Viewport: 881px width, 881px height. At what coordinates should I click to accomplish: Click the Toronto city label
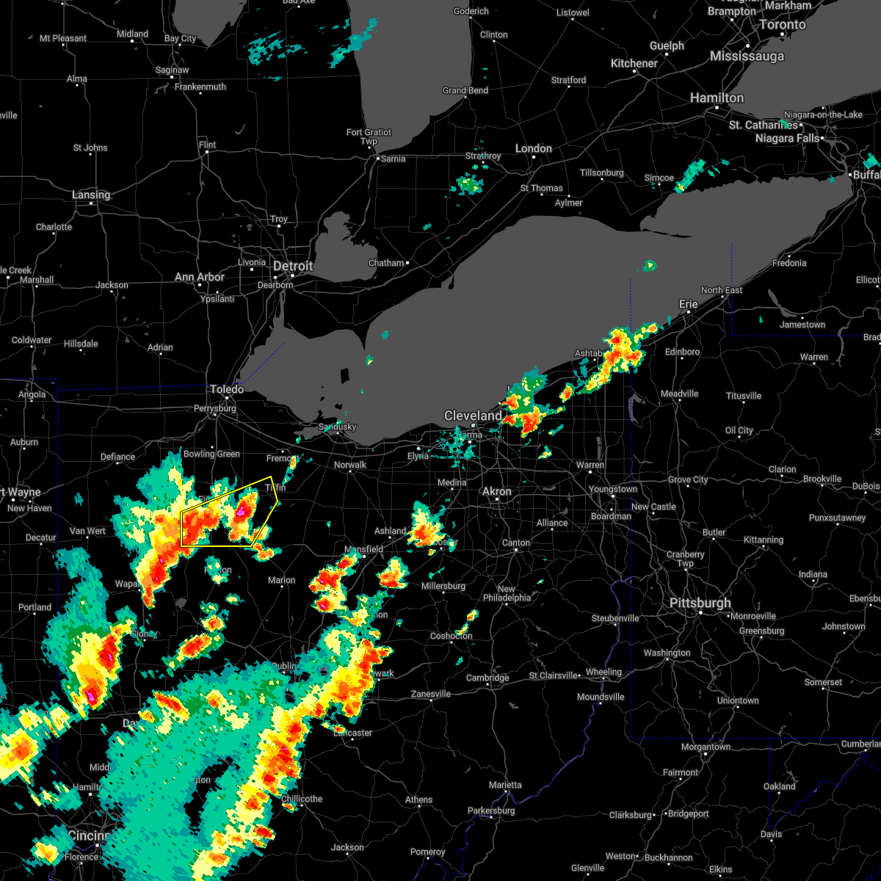pyautogui.click(x=783, y=24)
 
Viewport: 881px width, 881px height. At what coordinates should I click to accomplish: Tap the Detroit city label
pyautogui.click(x=293, y=266)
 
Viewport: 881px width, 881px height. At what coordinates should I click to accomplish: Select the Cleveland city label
pyautogui.click(x=473, y=416)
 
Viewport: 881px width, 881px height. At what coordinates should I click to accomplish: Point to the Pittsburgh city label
pyautogui.click(x=700, y=603)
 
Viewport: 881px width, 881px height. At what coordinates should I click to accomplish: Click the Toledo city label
pyautogui.click(x=227, y=389)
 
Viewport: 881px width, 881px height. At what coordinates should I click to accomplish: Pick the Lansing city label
pyautogui.click(x=91, y=195)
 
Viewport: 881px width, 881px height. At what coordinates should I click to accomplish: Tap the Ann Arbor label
pyautogui.click(x=200, y=277)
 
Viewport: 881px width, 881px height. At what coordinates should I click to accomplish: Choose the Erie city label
pyautogui.click(x=689, y=304)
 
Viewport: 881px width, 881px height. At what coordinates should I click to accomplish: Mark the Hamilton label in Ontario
pyautogui.click(x=717, y=98)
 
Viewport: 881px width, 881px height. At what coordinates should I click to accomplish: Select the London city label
pyautogui.click(x=534, y=148)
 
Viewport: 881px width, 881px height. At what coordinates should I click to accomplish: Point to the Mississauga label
pyautogui.click(x=747, y=57)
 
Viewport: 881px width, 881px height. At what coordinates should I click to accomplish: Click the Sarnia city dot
pyautogui.click(x=377, y=158)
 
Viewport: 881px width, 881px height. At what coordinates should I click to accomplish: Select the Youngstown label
pyautogui.click(x=613, y=489)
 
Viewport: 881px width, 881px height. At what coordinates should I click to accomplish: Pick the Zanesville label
pyautogui.click(x=431, y=694)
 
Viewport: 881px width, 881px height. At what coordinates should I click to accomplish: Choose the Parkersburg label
pyautogui.click(x=491, y=811)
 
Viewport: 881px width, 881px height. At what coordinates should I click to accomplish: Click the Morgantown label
pyautogui.click(x=706, y=747)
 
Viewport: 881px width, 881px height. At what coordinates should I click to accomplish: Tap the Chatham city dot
pyautogui.click(x=407, y=262)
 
